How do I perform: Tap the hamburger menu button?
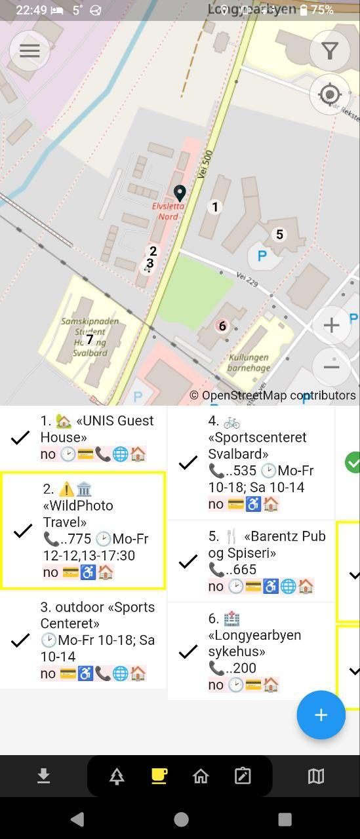30,50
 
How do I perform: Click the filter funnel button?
330,50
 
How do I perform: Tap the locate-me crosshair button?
330,95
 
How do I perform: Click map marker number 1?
214,207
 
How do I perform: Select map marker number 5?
279,235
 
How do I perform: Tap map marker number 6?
222,326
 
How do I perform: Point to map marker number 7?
90,340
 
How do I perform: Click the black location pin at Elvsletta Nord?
179,193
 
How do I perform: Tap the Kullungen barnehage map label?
249,362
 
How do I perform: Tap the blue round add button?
321,715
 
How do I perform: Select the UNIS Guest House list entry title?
97,429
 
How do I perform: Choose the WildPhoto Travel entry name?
78,513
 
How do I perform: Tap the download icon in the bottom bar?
43,776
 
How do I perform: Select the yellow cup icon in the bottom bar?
159,776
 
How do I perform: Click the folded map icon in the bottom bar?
315,776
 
